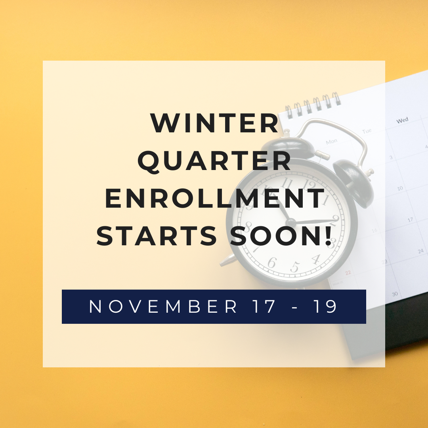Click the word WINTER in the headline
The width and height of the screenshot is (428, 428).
point(214,123)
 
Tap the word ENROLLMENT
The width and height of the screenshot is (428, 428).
point(214,199)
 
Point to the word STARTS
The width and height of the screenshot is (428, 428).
point(157,237)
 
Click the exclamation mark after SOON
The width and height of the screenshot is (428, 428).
point(328,236)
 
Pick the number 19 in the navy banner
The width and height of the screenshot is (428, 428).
point(326,307)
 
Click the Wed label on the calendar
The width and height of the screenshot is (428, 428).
point(402,120)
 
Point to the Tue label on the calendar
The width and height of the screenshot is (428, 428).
point(367,130)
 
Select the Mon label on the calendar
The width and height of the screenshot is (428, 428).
point(331,141)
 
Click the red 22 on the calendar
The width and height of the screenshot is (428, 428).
point(348,273)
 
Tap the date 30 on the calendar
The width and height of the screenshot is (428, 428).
point(395,294)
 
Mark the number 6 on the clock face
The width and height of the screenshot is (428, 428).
point(271,262)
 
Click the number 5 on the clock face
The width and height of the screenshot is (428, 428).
point(294,266)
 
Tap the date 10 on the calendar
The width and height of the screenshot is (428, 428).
point(400,188)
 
